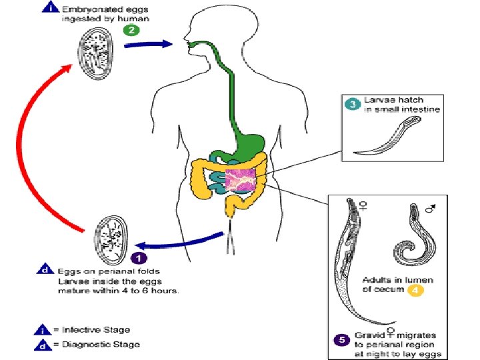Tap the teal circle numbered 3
(351, 103)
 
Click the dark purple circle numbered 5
(341, 339)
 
